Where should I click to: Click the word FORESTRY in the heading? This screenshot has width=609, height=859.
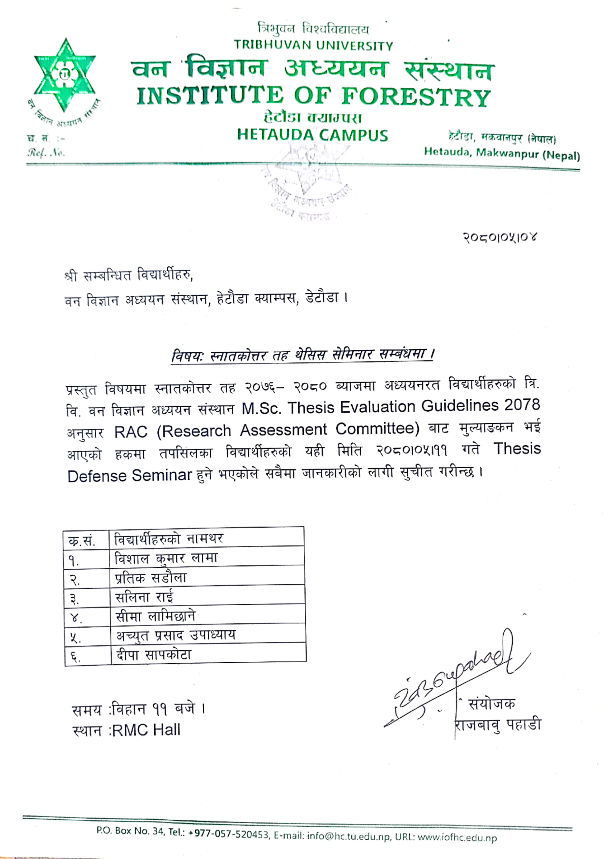(416, 97)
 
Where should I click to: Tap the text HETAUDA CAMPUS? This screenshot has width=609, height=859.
(312, 135)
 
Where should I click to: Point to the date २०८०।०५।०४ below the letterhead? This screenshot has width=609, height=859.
(500, 237)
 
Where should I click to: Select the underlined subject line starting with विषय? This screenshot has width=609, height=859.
(302, 354)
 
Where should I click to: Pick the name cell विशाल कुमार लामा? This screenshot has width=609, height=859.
(166, 559)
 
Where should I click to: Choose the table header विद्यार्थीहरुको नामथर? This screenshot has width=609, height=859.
(169, 539)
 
